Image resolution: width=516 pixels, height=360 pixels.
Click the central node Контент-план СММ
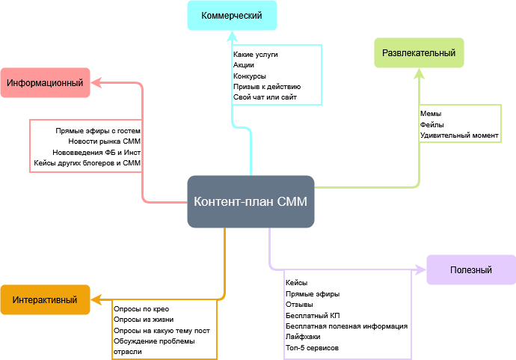251,201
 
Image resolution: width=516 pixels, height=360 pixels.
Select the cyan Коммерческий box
232,15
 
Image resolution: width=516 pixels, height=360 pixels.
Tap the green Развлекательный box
419,53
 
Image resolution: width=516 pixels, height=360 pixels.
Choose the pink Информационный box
45,82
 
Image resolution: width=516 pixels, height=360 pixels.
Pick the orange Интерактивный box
45,300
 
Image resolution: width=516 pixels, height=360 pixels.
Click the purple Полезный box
471,270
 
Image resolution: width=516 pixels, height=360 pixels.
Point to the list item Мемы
431,114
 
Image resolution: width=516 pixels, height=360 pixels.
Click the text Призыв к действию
267,87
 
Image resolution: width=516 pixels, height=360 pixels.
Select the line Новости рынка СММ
104,141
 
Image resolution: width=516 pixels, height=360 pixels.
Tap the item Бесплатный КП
313,316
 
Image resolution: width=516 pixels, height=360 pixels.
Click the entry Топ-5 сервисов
312,348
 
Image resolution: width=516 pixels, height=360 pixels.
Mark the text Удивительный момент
458,135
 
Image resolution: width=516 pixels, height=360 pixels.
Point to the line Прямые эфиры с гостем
98,130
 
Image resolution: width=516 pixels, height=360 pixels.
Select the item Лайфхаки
303,337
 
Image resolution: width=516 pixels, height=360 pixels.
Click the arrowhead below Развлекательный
419,73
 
